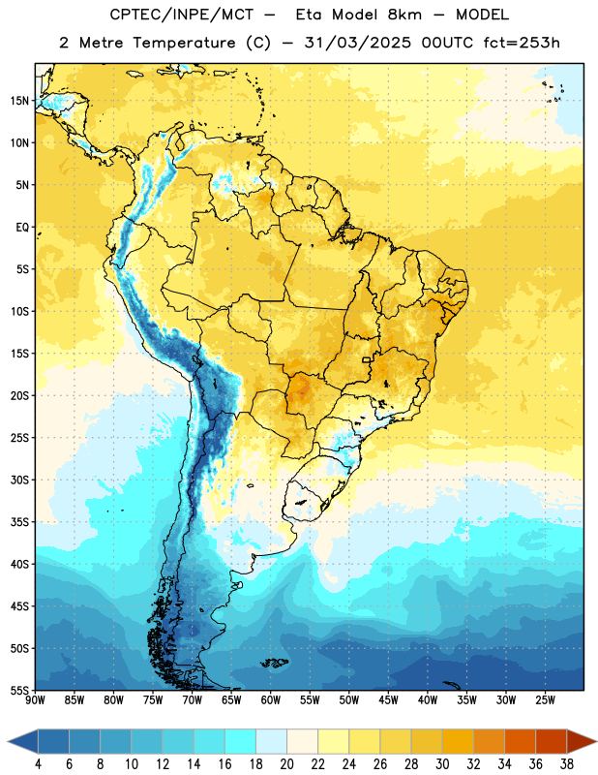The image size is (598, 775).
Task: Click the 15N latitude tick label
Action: (19, 101)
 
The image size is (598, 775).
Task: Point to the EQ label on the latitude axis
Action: (22, 228)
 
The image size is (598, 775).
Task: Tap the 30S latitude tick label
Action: (19, 480)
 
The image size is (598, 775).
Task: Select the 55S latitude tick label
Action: (19, 691)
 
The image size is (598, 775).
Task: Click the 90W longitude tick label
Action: (35, 700)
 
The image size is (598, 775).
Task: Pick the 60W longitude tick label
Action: (271, 700)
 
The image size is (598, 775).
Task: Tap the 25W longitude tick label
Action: (545, 700)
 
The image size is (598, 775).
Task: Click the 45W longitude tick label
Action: (388, 700)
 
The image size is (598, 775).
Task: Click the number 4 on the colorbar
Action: (38, 764)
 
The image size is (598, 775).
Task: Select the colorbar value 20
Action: (286, 764)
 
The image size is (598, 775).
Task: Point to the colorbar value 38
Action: (567, 764)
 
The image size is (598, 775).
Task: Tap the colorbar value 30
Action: (442, 764)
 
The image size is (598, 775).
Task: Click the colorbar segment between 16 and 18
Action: (241, 741)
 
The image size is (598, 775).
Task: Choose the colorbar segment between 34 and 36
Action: (521, 741)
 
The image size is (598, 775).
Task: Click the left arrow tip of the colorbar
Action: (8, 741)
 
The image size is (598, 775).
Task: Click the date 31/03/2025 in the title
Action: (358, 43)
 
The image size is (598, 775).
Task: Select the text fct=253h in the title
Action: (522, 43)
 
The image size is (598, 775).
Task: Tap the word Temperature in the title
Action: (184, 43)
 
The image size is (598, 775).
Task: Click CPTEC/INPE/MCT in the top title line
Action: (181, 15)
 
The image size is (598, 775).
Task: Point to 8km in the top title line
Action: (404, 15)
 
